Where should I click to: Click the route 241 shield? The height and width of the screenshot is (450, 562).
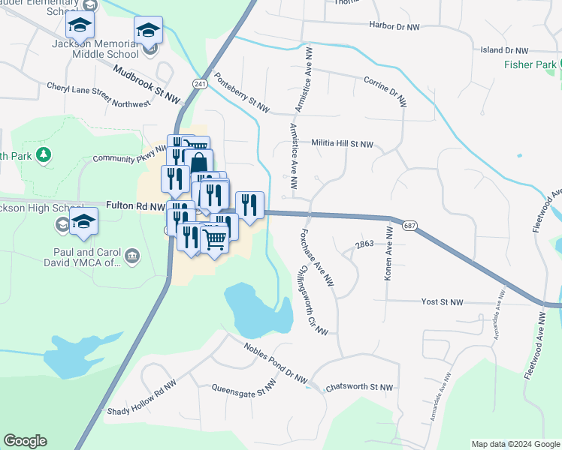pos(199,84)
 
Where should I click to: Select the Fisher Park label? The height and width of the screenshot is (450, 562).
pos(530,65)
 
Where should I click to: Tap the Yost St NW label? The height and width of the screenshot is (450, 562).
pos(442,301)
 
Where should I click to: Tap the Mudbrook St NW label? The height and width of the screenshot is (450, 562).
pos(147,84)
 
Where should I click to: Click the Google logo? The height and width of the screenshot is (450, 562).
pos(25,440)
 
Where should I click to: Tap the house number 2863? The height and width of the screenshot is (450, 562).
pos(364,244)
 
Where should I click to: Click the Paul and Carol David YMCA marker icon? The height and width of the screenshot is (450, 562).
pos(132,257)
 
